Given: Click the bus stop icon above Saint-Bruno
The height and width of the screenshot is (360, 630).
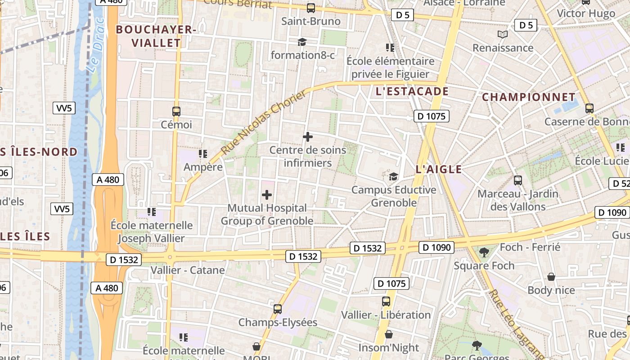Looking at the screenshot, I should click(x=310, y=8).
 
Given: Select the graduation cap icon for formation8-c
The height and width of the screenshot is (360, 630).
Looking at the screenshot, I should click(x=301, y=42).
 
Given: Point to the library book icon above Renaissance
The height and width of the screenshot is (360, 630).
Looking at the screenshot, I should click(x=503, y=34).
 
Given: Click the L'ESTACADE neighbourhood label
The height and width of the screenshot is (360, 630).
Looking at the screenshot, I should click(x=412, y=92).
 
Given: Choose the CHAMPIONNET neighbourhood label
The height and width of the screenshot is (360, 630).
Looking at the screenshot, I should click(x=528, y=97).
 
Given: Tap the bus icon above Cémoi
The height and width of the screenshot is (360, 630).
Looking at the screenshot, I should click(x=176, y=111).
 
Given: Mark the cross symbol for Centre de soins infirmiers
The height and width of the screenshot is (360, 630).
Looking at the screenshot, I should click(x=308, y=136).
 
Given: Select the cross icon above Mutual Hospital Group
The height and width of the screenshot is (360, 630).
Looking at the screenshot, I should click(x=267, y=195).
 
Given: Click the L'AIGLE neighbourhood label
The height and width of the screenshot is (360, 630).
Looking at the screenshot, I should click(x=439, y=169).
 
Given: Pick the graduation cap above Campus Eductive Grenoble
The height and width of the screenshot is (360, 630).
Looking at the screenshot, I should click(x=393, y=176).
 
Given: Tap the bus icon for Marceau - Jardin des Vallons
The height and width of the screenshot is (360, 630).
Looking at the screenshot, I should click(x=518, y=180).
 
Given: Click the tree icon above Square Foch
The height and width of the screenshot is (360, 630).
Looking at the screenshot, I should click(x=484, y=252).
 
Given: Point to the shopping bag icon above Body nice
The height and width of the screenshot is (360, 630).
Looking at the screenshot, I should click(x=551, y=277).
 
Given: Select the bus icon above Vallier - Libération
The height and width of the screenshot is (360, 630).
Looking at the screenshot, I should click(x=386, y=301).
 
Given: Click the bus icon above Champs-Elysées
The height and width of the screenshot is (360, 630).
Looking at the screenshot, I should click(x=278, y=309).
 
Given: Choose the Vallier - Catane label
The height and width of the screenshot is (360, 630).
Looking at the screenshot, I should click(x=188, y=270).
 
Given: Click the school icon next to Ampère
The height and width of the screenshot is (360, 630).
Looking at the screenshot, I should click(x=203, y=154).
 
